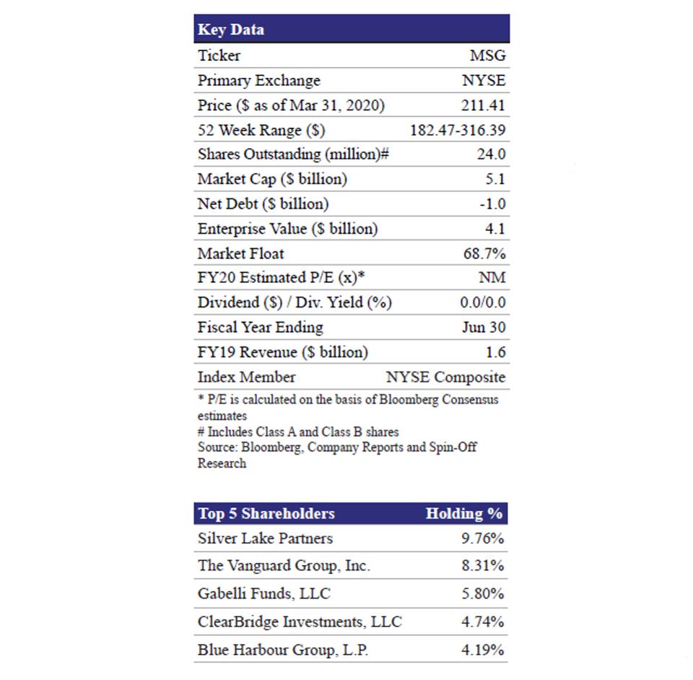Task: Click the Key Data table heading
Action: [x=231, y=30]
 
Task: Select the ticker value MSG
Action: [x=488, y=56]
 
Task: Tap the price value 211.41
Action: [x=484, y=105]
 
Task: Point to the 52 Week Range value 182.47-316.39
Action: [x=458, y=131]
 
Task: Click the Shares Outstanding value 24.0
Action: [x=491, y=154]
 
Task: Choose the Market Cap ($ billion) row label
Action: [x=272, y=179]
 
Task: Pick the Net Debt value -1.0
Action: [x=492, y=204]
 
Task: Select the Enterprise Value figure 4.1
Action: [x=496, y=230]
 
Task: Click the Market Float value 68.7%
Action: [x=484, y=254]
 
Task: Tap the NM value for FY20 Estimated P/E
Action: [x=493, y=278]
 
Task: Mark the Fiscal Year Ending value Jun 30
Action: [x=484, y=328]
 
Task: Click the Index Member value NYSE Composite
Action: [x=446, y=377]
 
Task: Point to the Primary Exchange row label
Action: [x=259, y=80]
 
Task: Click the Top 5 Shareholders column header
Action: [x=266, y=514]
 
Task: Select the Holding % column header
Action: [x=463, y=514]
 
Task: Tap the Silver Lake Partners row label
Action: [x=266, y=539]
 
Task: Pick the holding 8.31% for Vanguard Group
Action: [x=483, y=567]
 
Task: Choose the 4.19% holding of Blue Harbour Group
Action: [x=483, y=650]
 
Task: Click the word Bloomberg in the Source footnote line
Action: [x=268, y=448]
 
